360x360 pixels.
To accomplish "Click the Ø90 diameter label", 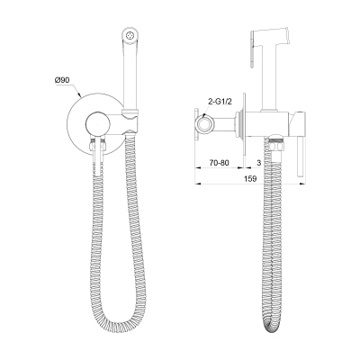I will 63,82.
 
